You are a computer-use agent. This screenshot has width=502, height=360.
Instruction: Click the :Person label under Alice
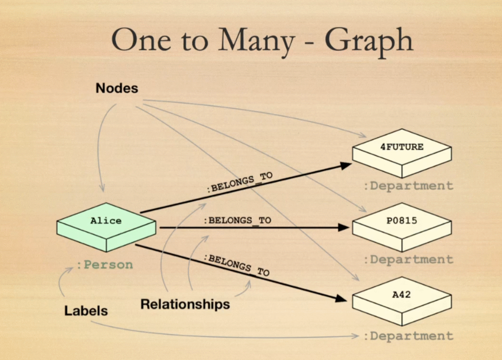[104, 265]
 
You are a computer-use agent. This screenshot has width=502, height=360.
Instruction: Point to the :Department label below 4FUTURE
[408, 186]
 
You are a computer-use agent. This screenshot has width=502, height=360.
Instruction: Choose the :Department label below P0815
[408, 259]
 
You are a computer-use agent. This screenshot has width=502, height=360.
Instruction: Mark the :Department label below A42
[408, 336]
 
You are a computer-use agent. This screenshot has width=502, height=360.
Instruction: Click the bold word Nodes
[117, 88]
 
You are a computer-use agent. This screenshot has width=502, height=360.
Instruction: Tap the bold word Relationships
[185, 304]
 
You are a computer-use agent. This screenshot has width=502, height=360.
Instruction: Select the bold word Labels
[86, 310]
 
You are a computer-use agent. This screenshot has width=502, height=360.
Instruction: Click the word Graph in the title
[369, 41]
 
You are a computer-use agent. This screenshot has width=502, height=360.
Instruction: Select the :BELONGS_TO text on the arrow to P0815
[237, 220]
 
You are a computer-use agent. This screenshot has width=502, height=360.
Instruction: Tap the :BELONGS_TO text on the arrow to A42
[236, 265]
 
